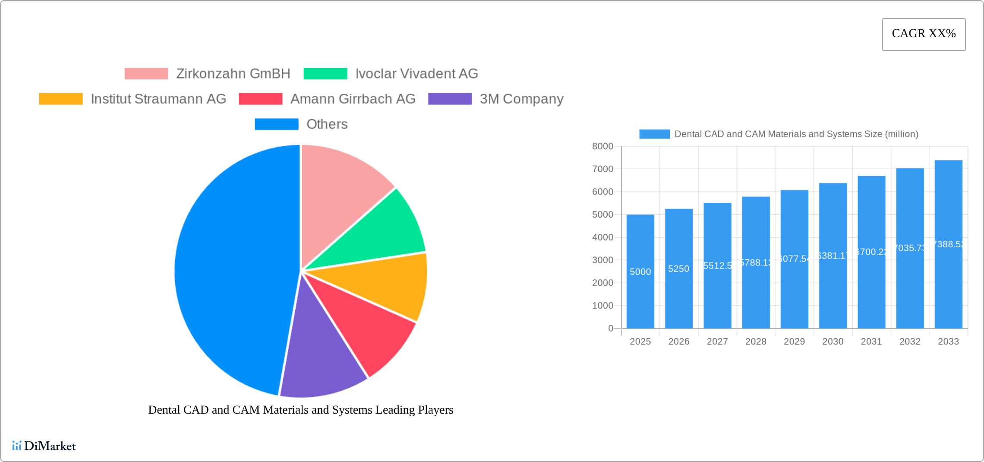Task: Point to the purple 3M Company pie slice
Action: pyautogui.click(x=322, y=358)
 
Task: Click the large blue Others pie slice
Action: pyautogui.click(x=229, y=272)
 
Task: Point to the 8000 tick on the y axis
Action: pyautogui.click(x=602, y=146)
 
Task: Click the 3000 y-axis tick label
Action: pyautogui.click(x=602, y=260)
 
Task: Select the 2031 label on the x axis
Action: pyautogui.click(x=871, y=342)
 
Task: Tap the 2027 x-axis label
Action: pyautogui.click(x=717, y=342)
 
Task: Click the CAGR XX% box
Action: pyautogui.click(x=924, y=34)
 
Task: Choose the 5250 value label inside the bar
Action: pyautogui.click(x=678, y=269)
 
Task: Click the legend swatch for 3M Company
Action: pyautogui.click(x=450, y=99)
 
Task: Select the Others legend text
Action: pyautogui.click(x=327, y=124)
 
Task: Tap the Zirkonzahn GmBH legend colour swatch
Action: pyautogui.click(x=146, y=74)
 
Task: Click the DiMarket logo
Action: pyautogui.click(x=44, y=446)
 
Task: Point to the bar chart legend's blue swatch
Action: pyautogui.click(x=654, y=134)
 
